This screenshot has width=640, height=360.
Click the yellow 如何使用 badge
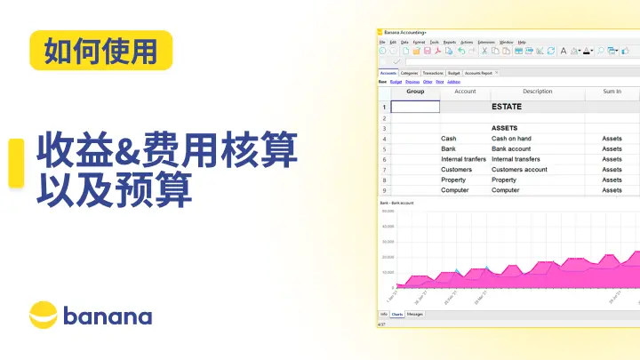(x=100, y=51)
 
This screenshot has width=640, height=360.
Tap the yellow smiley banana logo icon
(x=44, y=315)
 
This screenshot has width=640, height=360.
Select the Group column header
(x=415, y=92)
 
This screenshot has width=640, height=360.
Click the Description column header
(x=537, y=92)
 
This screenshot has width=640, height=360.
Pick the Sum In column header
(x=612, y=92)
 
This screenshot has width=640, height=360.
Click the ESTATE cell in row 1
(x=507, y=107)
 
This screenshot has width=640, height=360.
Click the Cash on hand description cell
(x=512, y=139)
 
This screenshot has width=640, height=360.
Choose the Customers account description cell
(x=519, y=169)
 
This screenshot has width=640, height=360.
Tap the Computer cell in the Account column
(x=455, y=190)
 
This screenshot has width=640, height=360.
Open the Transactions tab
(x=433, y=73)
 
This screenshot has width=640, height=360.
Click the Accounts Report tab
(x=477, y=73)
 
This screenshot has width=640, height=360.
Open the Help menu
(x=522, y=42)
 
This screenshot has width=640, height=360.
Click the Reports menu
(x=450, y=42)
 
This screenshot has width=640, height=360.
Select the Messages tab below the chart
(x=415, y=314)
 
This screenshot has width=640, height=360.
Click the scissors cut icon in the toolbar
(x=484, y=52)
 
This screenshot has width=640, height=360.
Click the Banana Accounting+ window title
(x=405, y=33)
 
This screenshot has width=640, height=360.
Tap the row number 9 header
(x=384, y=190)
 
